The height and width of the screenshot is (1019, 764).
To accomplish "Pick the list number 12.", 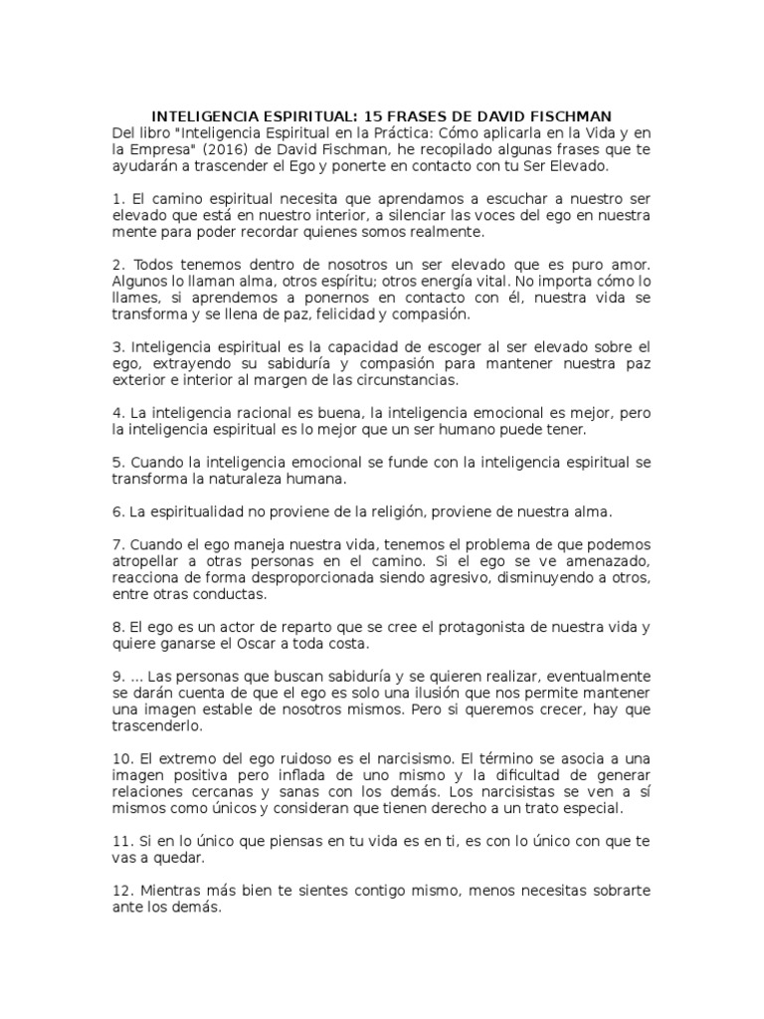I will click(x=122, y=891).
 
